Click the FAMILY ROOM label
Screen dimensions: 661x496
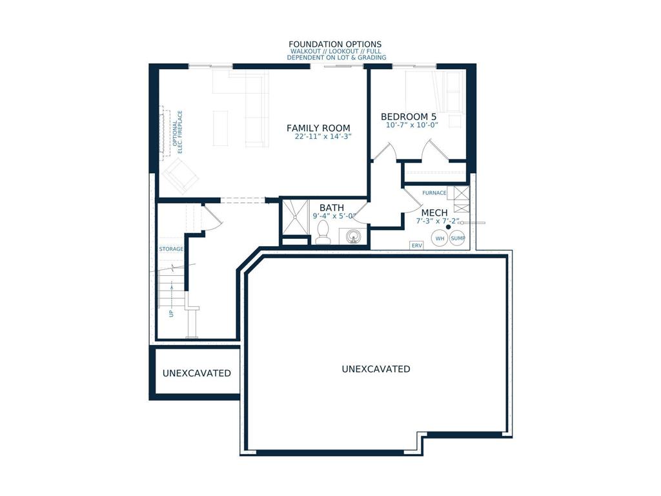[x=318, y=128]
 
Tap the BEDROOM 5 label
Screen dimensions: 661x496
[x=409, y=116]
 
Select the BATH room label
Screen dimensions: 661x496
[x=332, y=207]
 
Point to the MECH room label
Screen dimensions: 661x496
[x=434, y=212]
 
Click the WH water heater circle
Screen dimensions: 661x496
[x=440, y=238]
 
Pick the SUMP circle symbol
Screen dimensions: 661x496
[x=458, y=238]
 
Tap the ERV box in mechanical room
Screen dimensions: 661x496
[x=416, y=245]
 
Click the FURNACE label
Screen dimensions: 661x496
[x=434, y=192]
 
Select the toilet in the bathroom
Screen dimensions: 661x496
[x=323, y=232]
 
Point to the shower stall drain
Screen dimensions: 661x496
[x=295, y=217]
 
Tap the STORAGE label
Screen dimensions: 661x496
[x=171, y=249]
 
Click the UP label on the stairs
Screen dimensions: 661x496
[x=171, y=313]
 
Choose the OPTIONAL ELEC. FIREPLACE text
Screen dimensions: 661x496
[x=178, y=132]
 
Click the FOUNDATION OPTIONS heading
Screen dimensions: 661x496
[x=335, y=45]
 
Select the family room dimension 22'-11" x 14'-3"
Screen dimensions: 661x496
[x=323, y=136]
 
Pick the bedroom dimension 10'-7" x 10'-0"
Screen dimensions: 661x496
[x=412, y=125]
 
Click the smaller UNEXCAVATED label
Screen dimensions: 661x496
[x=197, y=373]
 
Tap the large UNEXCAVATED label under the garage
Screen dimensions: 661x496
[x=376, y=369]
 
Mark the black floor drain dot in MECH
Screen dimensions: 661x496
[x=448, y=227]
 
